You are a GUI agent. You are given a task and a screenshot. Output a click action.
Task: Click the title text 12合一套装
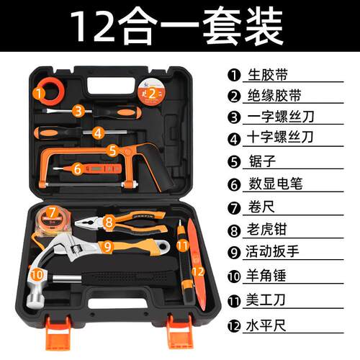pos(179,27)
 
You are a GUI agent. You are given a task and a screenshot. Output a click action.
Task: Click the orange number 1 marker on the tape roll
pos(38,91)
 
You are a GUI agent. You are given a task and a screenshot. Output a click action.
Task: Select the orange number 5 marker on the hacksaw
pos(113,150)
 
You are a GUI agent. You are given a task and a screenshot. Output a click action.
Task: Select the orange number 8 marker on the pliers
pos(109,223)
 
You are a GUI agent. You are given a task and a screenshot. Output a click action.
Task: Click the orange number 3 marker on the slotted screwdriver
pos(79,110)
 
